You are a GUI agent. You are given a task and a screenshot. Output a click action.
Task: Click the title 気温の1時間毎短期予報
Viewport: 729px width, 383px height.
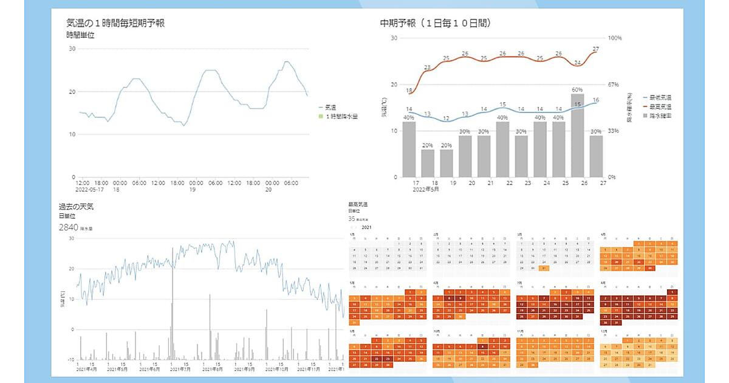pyautogui.click(x=115, y=23)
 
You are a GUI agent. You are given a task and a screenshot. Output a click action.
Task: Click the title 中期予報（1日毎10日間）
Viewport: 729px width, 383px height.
pyautogui.click(x=436, y=23)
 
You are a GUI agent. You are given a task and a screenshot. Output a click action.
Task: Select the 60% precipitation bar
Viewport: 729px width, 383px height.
pyautogui.click(x=577, y=135)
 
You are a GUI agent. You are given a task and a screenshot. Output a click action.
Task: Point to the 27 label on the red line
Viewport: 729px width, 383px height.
pyautogui.click(x=596, y=49)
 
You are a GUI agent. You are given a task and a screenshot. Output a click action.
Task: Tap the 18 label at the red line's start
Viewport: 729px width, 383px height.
pyautogui.click(x=409, y=91)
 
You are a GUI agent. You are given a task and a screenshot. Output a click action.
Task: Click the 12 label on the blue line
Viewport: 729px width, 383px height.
pyautogui.click(x=446, y=119)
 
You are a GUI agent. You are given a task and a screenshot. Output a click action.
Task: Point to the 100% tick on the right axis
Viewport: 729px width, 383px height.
pyautogui.click(x=615, y=38)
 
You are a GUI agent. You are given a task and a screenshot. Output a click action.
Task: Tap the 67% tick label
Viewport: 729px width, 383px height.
pyautogui.click(x=614, y=85)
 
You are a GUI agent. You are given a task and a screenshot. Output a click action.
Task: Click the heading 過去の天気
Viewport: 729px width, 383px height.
pyautogui.click(x=76, y=207)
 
